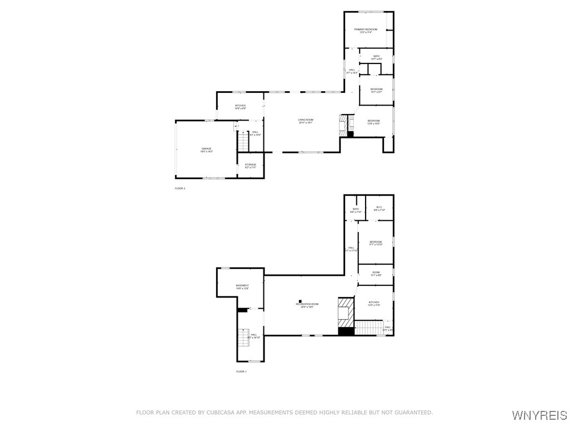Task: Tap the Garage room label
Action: [x=207, y=149]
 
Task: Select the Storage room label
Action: [x=251, y=165]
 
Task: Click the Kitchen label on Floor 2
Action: [x=240, y=106]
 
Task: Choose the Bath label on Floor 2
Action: [x=376, y=57]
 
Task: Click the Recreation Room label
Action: [x=307, y=305]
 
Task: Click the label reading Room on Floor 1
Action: [x=376, y=273]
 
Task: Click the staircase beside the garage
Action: [x=243, y=141]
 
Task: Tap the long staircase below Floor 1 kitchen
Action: [x=368, y=327]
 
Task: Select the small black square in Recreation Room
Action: [x=299, y=300]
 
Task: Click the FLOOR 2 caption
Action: [x=180, y=188]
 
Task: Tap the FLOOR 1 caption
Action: [x=241, y=371]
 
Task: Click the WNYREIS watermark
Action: [x=539, y=415]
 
